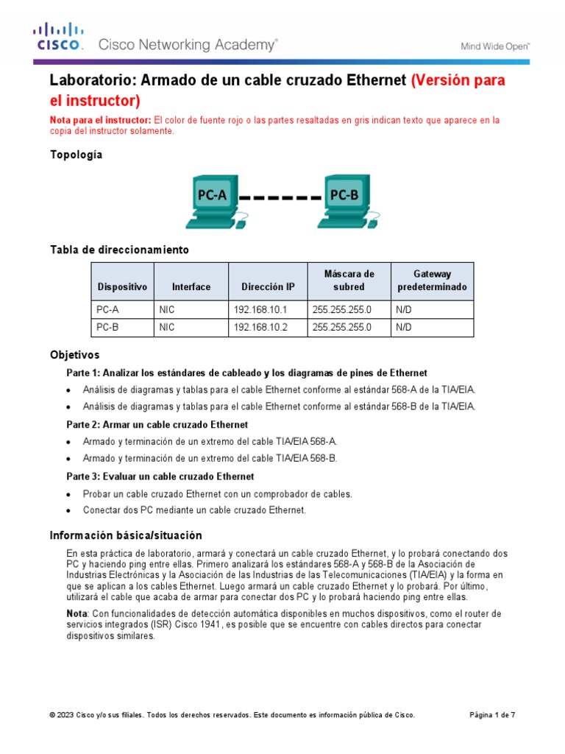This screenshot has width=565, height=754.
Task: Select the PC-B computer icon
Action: point(344,199)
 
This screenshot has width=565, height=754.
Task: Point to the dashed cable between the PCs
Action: point(280,197)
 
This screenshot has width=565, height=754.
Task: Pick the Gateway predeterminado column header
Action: point(432,281)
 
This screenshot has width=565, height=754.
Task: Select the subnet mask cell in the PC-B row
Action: point(342,328)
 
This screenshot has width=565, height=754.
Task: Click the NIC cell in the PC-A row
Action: point(167,310)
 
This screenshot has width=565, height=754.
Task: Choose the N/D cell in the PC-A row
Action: point(403,310)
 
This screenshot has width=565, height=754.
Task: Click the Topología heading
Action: point(76,155)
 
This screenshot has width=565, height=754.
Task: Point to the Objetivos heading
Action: point(74,355)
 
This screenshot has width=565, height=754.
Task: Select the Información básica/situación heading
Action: point(125,535)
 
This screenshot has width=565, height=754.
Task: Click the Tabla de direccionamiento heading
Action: point(119,250)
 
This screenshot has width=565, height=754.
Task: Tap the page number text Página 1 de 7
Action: point(492,715)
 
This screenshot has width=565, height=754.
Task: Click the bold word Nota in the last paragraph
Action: point(77,613)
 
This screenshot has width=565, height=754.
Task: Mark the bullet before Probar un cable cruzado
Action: point(68,494)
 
